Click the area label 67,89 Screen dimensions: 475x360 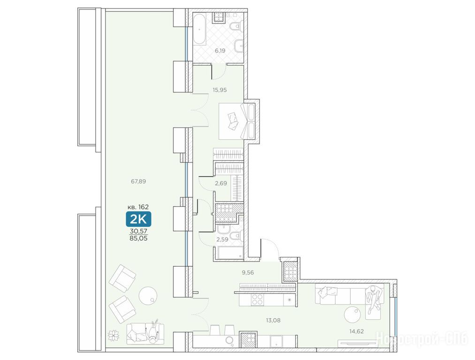(138, 181)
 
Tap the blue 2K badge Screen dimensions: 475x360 (138, 219)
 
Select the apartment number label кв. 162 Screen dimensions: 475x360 (138, 207)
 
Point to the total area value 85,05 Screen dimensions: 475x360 (139, 238)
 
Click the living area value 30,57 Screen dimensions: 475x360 (139, 231)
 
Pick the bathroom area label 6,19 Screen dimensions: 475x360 (220, 51)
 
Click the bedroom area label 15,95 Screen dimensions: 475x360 (219, 90)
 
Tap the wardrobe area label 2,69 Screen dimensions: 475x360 (221, 183)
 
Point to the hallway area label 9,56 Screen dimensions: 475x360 (248, 272)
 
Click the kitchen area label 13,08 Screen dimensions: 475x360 (273, 320)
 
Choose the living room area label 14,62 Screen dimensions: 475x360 (356, 331)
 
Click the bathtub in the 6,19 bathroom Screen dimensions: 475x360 (200, 29)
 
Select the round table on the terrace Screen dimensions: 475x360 (148, 295)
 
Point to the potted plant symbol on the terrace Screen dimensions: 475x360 (113, 336)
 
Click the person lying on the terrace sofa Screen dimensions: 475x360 (152, 331)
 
